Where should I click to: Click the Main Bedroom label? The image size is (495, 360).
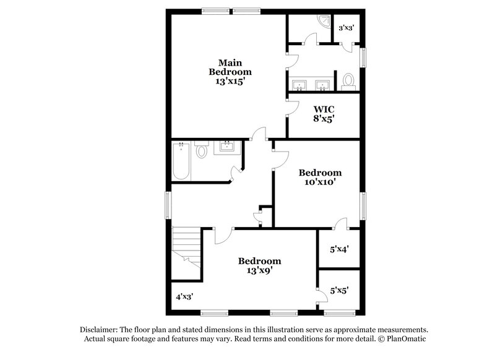[x=230, y=72]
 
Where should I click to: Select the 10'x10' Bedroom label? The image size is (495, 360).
[x=320, y=178]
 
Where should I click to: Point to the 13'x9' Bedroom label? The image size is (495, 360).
[x=259, y=265]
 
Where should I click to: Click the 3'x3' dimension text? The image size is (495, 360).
[x=346, y=28]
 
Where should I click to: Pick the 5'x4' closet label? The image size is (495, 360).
[x=339, y=249]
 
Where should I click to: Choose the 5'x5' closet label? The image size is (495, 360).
[x=339, y=289]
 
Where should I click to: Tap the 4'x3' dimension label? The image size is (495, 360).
[x=184, y=296]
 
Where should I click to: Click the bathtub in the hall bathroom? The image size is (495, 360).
[x=181, y=161]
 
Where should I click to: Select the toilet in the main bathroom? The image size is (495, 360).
[x=348, y=81]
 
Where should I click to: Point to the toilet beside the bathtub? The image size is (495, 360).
[x=201, y=151]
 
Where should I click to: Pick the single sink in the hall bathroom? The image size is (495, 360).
[x=227, y=147]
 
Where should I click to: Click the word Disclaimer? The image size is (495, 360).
[x=99, y=330]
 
